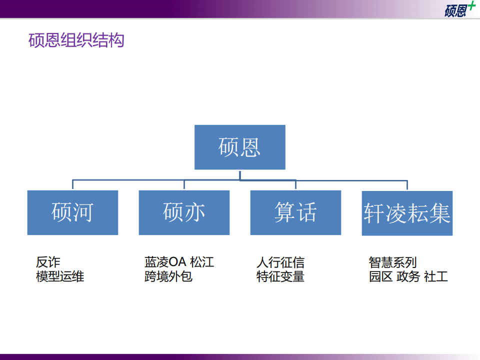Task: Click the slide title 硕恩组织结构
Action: coord(76,40)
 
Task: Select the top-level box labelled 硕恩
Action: coord(239,147)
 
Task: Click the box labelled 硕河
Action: coord(72,212)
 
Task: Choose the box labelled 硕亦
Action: coord(184,212)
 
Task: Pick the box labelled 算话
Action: coord(295,212)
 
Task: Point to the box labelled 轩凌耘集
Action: coord(407,213)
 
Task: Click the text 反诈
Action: coord(48,262)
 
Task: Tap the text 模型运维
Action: coord(60,276)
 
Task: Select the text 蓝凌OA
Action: coord(164,262)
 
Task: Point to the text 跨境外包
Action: coord(168,276)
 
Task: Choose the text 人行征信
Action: coord(280,262)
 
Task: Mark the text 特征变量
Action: coord(280,276)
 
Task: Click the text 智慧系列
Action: coord(392,262)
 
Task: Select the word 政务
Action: coord(408,276)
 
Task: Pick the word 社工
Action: coord(436,276)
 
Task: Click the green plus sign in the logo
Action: coord(471,6)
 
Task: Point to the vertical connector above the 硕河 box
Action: coord(72,184)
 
